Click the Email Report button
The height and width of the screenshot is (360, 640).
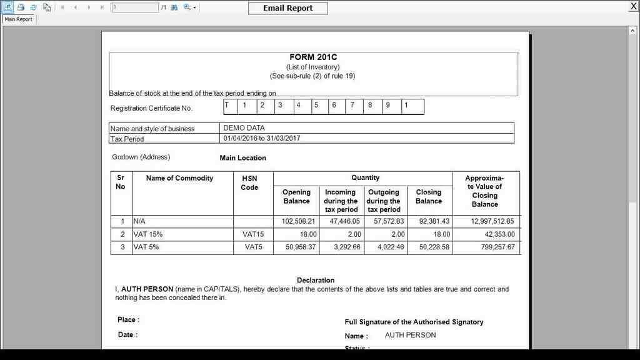pos(287,8)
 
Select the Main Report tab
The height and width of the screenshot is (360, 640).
pos(19,19)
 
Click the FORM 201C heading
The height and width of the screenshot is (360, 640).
pos(313,57)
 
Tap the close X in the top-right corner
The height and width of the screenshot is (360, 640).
pos(633,6)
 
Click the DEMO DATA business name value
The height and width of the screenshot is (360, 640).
pos(244,128)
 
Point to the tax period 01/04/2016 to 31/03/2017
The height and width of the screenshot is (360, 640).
pos(261,138)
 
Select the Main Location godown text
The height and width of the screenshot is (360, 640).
pos(242,158)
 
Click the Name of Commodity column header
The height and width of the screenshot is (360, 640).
pos(179,178)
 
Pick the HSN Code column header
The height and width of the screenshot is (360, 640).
pos(249,182)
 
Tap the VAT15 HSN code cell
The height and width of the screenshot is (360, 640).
pos(253,234)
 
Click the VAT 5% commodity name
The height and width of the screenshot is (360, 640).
pos(146,247)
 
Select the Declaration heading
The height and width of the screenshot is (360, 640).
pos(316,280)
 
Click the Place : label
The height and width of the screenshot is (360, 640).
pos(128,320)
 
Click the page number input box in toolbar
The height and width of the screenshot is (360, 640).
pos(135,7)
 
